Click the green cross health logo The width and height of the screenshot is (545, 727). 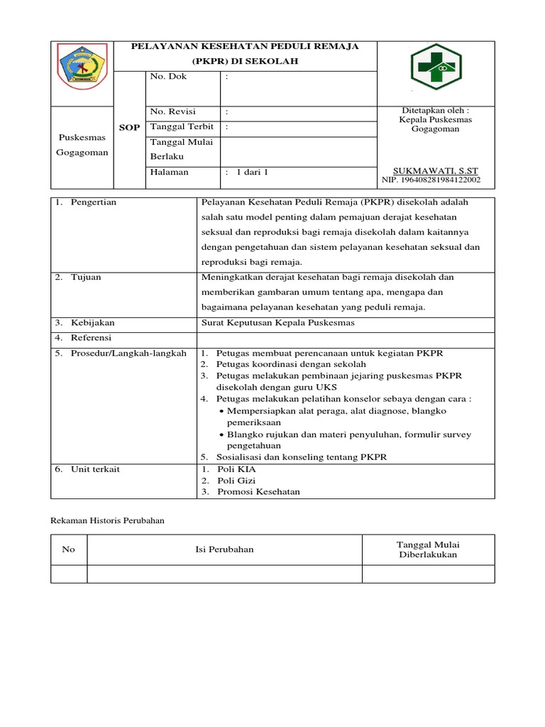[436, 68]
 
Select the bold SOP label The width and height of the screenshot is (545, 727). [128, 128]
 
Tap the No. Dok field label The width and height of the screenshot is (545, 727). [167, 77]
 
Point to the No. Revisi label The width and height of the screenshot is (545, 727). [172, 112]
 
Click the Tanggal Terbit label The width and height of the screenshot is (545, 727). [181, 127]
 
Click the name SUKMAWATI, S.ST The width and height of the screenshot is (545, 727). [436, 171]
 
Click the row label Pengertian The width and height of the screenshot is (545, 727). [94, 202]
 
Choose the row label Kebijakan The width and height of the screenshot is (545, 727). [92, 323]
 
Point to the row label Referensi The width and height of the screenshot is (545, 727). [91, 338]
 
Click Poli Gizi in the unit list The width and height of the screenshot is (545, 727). [237, 481]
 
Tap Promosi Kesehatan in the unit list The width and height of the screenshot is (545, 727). [258, 492]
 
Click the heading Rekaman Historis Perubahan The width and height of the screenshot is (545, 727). [108, 520]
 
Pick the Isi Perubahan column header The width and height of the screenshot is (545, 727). [224, 550]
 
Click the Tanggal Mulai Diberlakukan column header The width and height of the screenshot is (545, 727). [428, 550]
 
